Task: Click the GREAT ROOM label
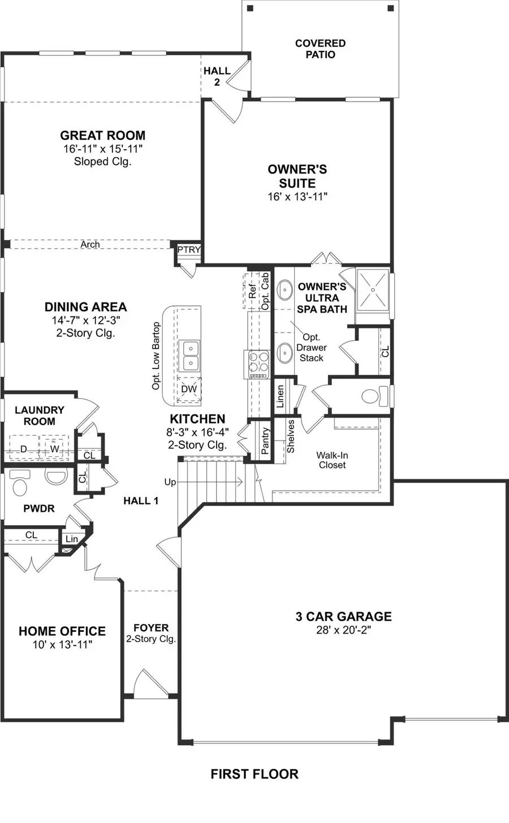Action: [102, 136]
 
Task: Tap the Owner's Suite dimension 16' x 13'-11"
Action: [297, 197]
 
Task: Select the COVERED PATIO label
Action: [320, 49]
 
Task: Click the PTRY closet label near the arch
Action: [189, 250]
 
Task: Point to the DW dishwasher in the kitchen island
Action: [189, 389]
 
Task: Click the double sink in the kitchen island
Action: [189, 355]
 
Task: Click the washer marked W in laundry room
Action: [54, 448]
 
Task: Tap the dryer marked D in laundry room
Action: [24, 449]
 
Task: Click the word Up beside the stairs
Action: [170, 482]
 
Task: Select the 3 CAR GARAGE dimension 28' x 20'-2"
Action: [343, 630]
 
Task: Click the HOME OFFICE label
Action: [62, 631]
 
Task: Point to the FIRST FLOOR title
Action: [254, 774]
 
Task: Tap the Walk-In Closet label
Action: [332, 460]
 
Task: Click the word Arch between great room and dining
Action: [90, 245]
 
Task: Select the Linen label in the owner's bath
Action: [280, 397]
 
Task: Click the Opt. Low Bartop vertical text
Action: [156, 356]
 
